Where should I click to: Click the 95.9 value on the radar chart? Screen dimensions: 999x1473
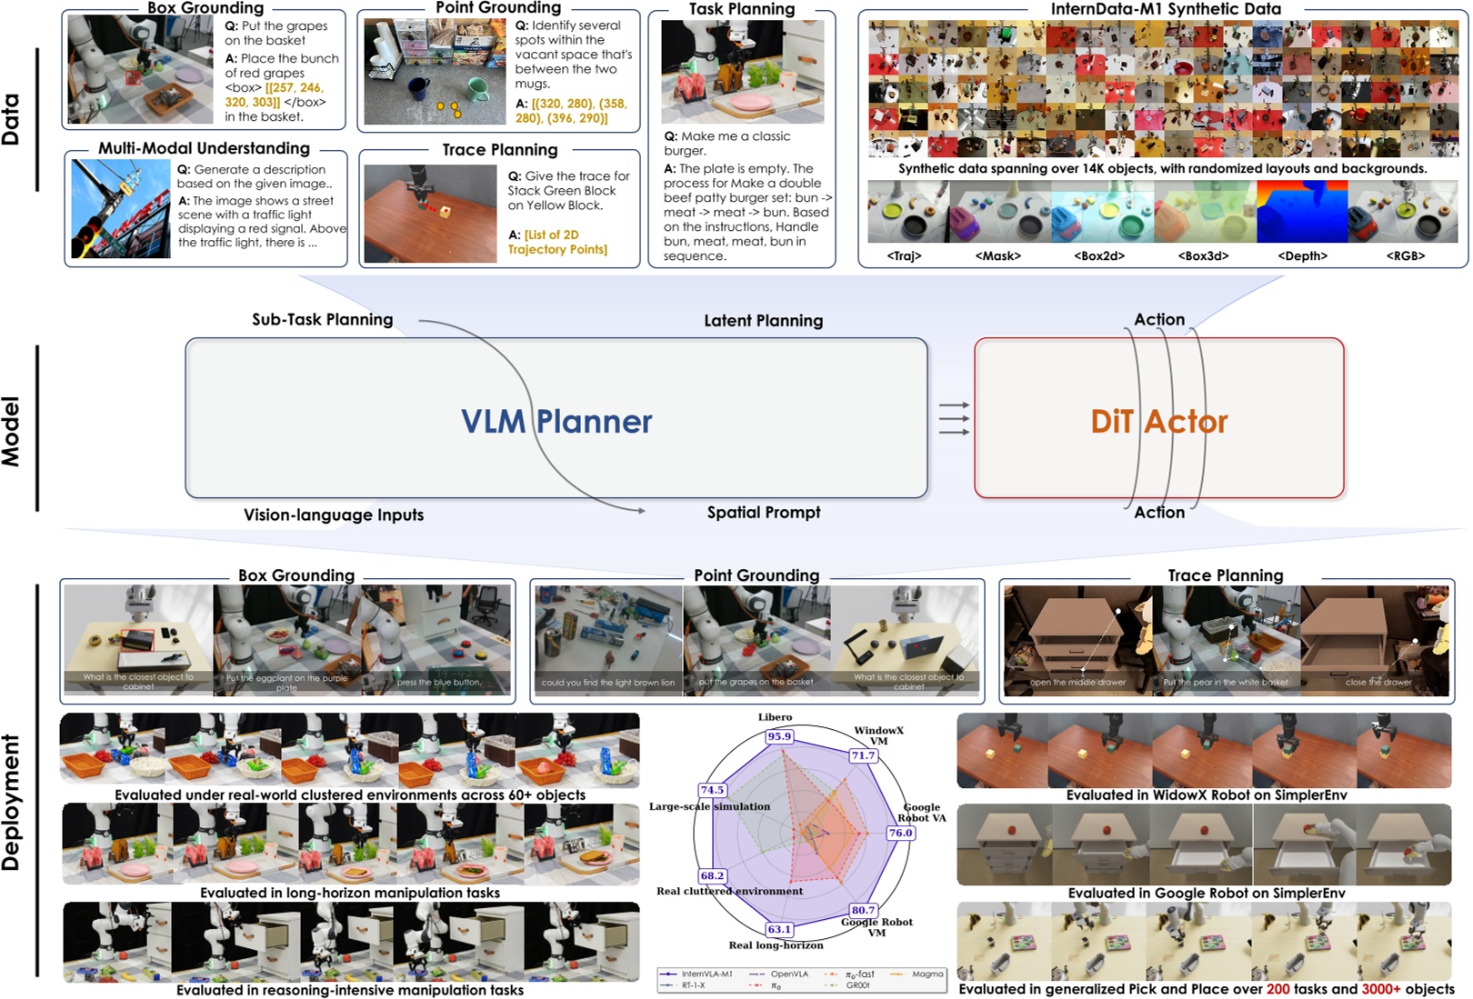tap(779, 736)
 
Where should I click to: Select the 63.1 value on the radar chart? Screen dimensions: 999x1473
tap(779, 929)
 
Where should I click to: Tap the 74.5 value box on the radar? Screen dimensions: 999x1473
tap(712, 790)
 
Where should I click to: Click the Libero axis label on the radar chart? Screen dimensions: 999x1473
tap(775, 717)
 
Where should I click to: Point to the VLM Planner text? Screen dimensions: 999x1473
tap(556, 422)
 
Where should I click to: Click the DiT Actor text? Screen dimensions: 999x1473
tap(1158, 422)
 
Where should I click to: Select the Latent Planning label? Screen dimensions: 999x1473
tap(763, 321)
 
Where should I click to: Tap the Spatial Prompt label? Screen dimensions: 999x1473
tap(764, 513)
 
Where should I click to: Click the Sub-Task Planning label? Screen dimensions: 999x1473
tap(322, 320)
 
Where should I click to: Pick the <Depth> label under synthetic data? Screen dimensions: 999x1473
tap(1302, 256)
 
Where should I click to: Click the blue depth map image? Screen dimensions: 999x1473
tap(1301, 212)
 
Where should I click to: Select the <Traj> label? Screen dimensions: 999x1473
tap(904, 256)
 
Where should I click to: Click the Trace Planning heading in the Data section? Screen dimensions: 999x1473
tap(499, 150)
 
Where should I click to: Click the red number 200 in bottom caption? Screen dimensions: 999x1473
tap(1278, 989)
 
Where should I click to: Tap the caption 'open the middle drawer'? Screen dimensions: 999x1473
tap(1077, 683)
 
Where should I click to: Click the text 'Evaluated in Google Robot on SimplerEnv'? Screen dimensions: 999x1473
tap(1206, 894)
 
